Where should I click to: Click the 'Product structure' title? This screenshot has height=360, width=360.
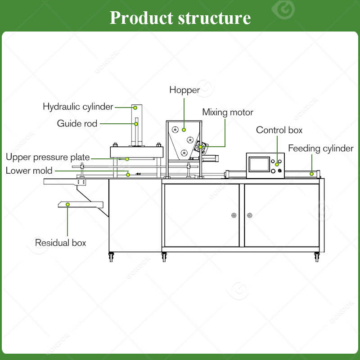180,18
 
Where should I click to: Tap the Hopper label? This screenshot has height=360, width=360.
184,90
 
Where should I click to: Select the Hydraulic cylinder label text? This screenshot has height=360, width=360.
78,107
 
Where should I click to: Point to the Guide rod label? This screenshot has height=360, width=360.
77,123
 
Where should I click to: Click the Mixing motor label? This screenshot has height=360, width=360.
228,112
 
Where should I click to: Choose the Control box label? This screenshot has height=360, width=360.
279,130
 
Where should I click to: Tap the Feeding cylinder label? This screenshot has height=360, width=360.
321,148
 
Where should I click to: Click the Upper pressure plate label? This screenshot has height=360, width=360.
48,157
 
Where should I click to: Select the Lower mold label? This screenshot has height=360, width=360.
29,171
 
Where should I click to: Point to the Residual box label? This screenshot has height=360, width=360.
60,243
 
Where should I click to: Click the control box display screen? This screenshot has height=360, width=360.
259,164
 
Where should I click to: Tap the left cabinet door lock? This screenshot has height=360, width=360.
234,216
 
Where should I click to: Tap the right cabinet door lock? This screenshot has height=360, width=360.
250,216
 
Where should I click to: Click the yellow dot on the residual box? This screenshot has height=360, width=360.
68,205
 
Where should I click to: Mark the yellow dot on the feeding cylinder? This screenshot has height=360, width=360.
311,174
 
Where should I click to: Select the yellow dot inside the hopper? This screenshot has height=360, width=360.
184,130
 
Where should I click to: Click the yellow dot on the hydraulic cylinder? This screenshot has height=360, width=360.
135,108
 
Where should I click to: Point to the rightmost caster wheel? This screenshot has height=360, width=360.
317,256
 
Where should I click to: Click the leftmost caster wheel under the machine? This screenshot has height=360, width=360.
111,256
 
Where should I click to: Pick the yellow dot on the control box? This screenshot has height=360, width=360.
277,164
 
